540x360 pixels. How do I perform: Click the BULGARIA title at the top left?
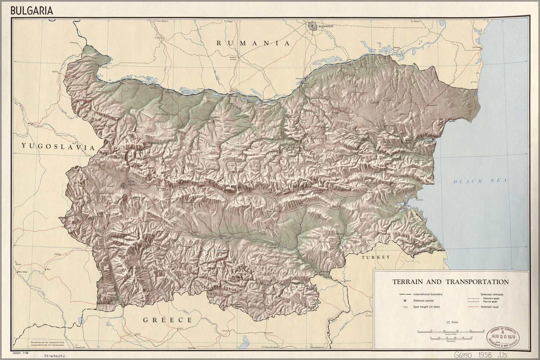coord(32,10)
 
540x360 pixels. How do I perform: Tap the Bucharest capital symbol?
coord(312,26)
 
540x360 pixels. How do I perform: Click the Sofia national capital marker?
coord(124,186)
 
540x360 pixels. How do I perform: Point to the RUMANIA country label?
coord(253,43)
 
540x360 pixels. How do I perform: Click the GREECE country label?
coord(168,320)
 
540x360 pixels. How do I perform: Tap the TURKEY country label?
coord(376,257)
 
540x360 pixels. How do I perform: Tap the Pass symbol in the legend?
coord(448,322)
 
